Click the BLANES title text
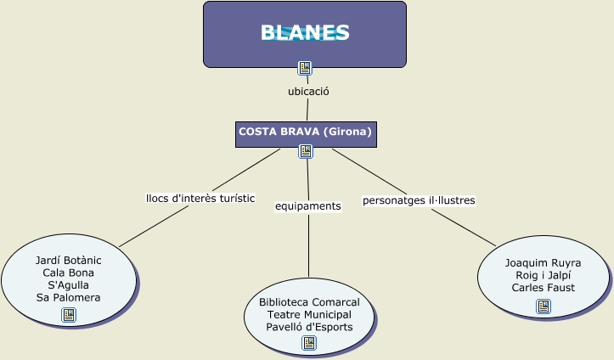(305, 32)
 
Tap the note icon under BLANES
(305, 68)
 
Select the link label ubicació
(308, 91)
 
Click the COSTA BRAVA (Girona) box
(305, 132)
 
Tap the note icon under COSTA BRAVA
(306, 151)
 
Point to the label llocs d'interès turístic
(200, 198)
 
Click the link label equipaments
(308, 205)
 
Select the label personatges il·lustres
(419, 200)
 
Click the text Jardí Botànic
(69, 260)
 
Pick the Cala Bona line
(69, 273)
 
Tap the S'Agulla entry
(69, 285)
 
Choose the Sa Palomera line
(69, 298)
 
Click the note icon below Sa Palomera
(69, 315)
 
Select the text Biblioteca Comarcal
(309, 302)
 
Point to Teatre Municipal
(309, 314)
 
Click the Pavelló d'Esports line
(309, 327)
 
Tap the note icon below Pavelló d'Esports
(309, 343)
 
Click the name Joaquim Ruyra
(544, 262)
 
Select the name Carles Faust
(544, 287)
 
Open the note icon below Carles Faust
(544, 306)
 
